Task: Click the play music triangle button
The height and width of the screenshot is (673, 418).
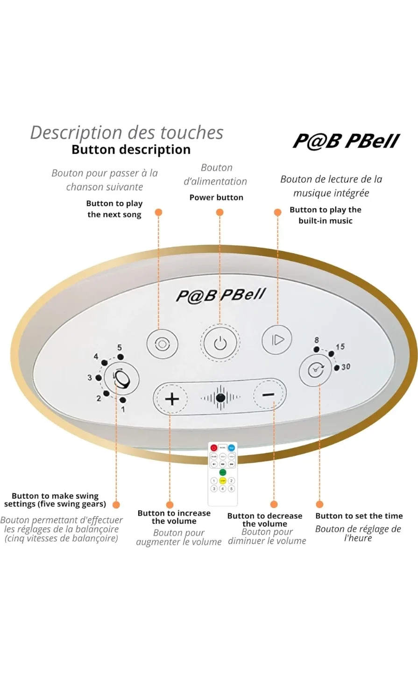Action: [x=277, y=339]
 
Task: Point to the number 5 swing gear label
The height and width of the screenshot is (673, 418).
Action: [x=120, y=348]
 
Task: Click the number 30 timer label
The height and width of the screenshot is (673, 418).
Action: [x=346, y=367]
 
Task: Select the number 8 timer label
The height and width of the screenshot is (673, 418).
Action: [x=317, y=340]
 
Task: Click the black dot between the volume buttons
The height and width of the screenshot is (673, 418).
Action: [x=220, y=398]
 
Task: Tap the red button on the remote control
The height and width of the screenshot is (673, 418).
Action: [x=214, y=448]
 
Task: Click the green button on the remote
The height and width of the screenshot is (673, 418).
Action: [x=223, y=473]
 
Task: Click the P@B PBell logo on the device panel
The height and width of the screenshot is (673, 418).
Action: [x=220, y=295]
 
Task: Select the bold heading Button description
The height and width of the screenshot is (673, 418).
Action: [x=131, y=150]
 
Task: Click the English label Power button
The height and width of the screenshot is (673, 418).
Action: [x=216, y=197]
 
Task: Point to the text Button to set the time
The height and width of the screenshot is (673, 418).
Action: [x=359, y=516]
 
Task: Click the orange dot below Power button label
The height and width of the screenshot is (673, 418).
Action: [x=220, y=212]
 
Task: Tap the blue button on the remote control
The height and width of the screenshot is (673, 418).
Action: [x=232, y=448]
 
